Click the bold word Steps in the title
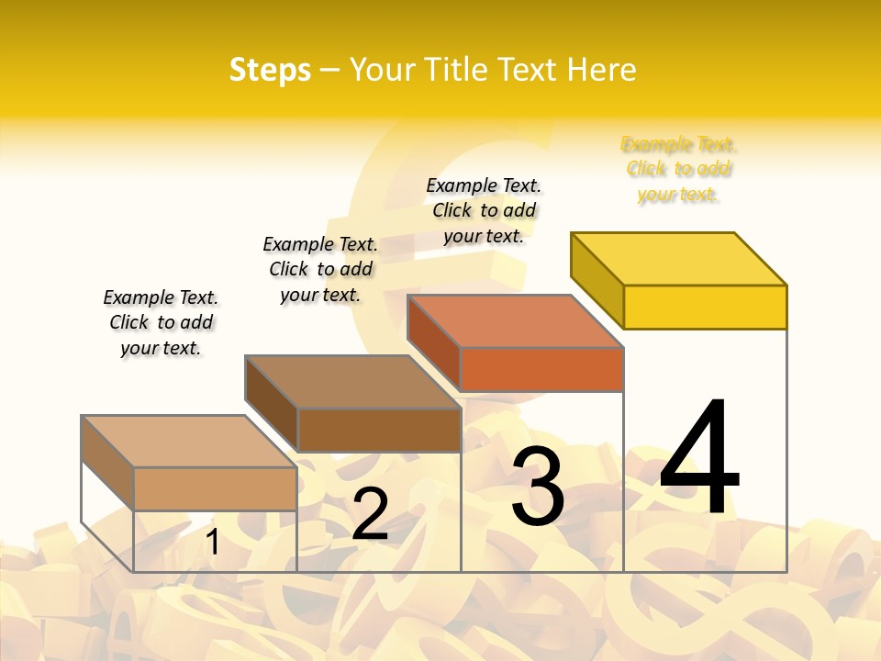270,70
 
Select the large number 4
699,458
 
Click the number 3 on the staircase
538,487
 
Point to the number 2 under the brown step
370,514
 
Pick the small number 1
212,542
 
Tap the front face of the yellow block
705,307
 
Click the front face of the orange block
541,369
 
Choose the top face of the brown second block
352,381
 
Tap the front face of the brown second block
379,430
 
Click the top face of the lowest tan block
189,441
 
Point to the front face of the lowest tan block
215,488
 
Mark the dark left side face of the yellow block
597,279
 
